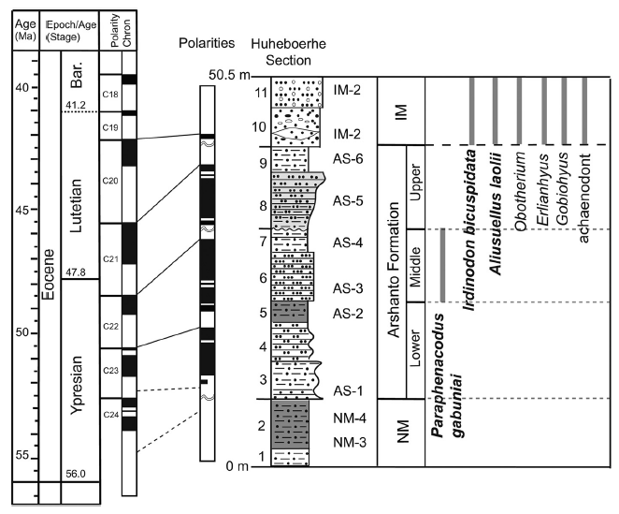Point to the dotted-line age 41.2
coord(75,104)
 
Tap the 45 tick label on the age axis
coord(21,210)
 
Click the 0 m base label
coord(238,466)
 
